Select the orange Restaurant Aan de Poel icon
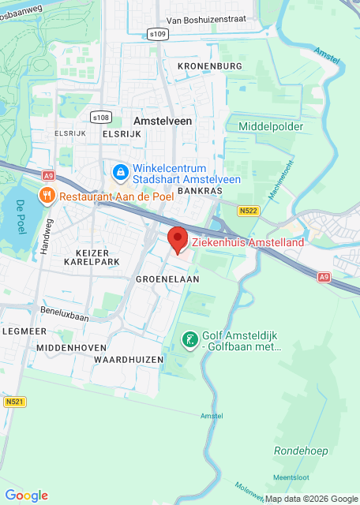47,195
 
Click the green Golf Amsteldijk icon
190,340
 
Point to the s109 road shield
158,34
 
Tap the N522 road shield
249,211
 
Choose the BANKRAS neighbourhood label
197,191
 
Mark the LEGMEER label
18,331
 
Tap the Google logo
26,495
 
